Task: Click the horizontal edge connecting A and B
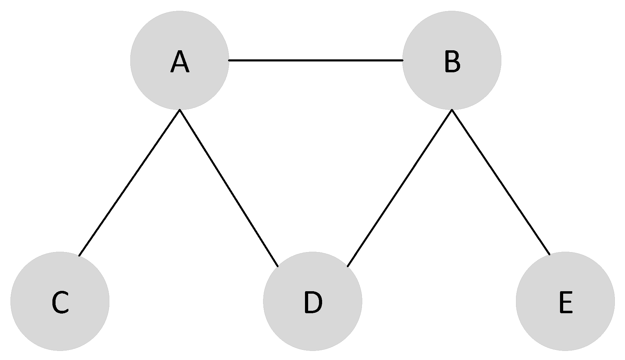coord(315,60)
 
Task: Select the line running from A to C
coord(129,183)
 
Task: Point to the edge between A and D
coord(229,188)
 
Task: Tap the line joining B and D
coord(400,188)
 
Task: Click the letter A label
coord(180,62)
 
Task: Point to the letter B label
coord(452,62)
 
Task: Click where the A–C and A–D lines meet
coord(180,110)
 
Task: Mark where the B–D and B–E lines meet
coord(452,110)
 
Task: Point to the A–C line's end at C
coord(79,256)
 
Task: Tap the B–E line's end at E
coord(550,255)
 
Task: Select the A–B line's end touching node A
coord(229,60)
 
